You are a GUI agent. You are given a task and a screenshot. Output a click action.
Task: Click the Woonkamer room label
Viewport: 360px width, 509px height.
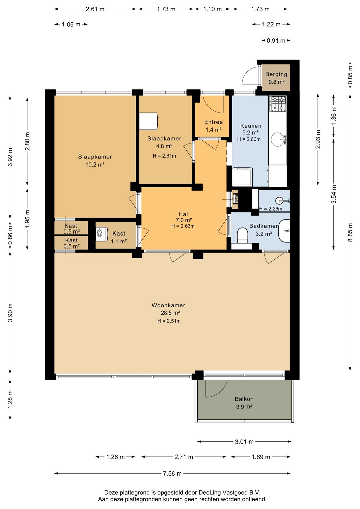(168, 305)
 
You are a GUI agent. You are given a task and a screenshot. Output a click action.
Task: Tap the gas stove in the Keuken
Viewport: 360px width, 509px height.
(277, 104)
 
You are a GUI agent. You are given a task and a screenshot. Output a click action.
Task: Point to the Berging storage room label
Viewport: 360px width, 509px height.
(276, 74)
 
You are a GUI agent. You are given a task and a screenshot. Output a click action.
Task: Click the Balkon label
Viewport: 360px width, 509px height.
(244, 399)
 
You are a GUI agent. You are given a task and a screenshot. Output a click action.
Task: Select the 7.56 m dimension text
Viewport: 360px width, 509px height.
(172, 474)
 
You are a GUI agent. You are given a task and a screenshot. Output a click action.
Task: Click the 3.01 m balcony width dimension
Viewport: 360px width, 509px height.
(244, 442)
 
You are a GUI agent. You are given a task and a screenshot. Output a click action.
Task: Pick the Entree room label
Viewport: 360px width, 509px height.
(213, 122)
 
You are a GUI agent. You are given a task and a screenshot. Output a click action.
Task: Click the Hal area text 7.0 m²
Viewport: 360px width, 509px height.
(184, 220)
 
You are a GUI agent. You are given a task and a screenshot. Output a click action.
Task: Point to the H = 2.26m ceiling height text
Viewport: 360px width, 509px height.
(271, 208)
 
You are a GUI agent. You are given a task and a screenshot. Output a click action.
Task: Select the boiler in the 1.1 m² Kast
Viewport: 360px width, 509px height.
(100, 234)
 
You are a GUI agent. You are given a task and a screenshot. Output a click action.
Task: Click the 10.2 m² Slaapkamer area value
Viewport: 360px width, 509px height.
(95, 164)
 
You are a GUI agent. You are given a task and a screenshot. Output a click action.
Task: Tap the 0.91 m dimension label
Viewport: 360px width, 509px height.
(276, 41)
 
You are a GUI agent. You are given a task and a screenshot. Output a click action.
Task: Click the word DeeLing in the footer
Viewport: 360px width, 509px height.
(210, 493)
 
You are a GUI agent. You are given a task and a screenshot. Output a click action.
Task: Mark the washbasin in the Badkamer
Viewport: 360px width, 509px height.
(284, 231)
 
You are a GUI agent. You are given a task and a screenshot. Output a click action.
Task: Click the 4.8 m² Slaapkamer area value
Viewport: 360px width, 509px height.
(164, 146)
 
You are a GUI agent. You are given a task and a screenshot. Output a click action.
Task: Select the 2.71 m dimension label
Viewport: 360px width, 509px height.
(184, 457)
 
